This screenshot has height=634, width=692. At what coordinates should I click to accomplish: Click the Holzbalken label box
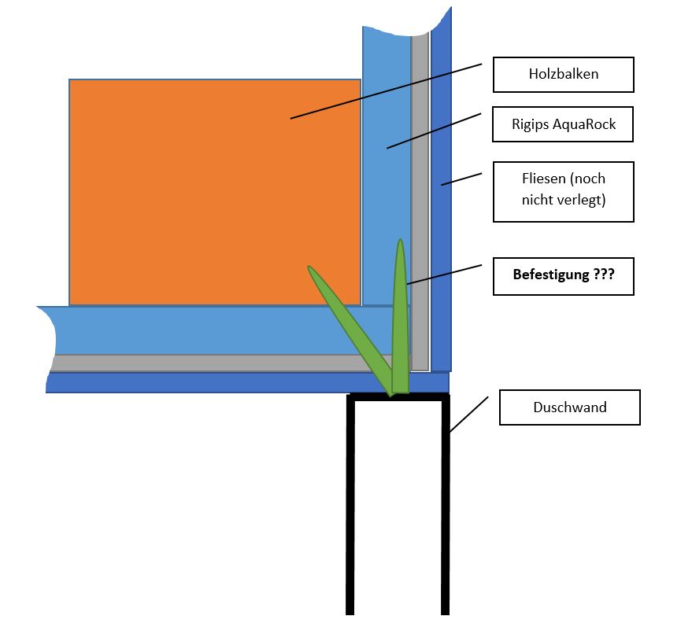pos(563,75)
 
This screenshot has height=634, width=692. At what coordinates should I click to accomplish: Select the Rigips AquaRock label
pos(563,124)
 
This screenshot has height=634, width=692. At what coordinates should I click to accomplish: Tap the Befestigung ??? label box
pos(563,276)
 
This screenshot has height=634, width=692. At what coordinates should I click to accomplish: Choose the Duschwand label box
pos(569,407)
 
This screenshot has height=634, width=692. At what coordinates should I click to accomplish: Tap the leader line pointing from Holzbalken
pos(386,91)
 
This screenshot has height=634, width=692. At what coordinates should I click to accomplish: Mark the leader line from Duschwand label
pos(469,414)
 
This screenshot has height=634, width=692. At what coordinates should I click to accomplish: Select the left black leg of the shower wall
pos(350,511)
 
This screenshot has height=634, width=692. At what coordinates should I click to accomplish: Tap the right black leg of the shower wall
pos(446,511)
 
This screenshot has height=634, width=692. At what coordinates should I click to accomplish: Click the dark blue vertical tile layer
pos(442,236)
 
